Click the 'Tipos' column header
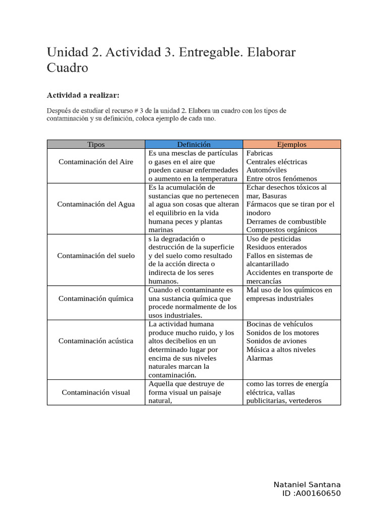click(x=96, y=144)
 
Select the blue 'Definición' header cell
click(x=193, y=144)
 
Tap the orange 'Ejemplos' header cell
click(x=292, y=144)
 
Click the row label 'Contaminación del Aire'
click(x=96, y=161)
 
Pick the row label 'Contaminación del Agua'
click(x=96, y=204)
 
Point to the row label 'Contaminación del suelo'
click(x=96, y=255)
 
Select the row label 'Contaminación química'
click(x=96, y=298)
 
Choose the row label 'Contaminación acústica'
click(x=96, y=341)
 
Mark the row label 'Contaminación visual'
click(x=96, y=392)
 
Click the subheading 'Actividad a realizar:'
click(x=83, y=95)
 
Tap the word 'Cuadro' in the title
click(x=67, y=68)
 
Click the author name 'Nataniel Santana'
click(x=307, y=485)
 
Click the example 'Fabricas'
click(x=259, y=153)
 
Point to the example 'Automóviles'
click(x=266, y=170)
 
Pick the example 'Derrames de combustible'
click(x=286, y=221)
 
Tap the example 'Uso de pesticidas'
click(x=273, y=239)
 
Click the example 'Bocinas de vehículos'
click(x=279, y=324)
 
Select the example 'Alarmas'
click(x=259, y=358)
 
